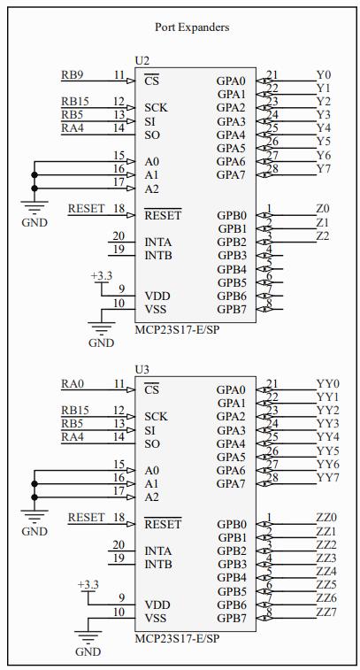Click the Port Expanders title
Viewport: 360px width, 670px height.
click(x=192, y=27)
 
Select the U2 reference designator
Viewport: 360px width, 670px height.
click(x=142, y=61)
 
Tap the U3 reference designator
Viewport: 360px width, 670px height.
click(x=142, y=370)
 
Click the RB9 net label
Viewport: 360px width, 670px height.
click(x=73, y=75)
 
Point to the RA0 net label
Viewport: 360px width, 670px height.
click(x=73, y=384)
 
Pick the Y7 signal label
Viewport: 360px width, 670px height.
click(x=323, y=169)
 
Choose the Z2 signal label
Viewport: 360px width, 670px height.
click(x=323, y=235)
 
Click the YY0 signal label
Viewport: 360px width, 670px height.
click(x=327, y=383)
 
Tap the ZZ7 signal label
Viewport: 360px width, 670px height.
click(x=326, y=612)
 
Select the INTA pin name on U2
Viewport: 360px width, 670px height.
click(x=158, y=243)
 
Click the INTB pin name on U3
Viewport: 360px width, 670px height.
click(x=158, y=565)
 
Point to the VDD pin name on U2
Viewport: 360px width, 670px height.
click(x=157, y=296)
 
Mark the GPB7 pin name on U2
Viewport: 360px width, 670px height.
click(x=232, y=310)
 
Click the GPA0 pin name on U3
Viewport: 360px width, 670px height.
click(x=231, y=389)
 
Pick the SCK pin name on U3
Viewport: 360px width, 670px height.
click(x=156, y=417)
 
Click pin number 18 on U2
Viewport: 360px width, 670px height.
click(x=119, y=209)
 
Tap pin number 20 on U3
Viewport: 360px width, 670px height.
click(x=119, y=545)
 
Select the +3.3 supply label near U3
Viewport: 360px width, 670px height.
click(x=88, y=585)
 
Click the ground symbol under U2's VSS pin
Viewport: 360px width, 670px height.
click(x=101, y=328)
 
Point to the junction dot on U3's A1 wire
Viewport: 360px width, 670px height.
click(x=34, y=484)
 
